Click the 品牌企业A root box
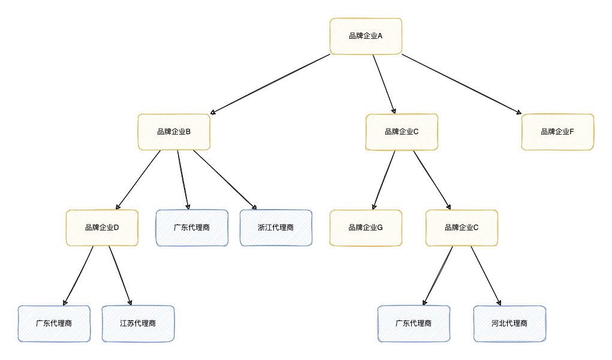366,36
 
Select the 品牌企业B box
174,132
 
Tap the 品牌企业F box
557,132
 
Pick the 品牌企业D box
102,228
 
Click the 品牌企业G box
366,228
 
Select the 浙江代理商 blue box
276,228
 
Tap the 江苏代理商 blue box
138,323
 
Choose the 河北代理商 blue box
510,323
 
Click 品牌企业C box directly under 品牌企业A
402,132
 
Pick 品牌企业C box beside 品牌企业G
462,228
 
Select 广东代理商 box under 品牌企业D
54,323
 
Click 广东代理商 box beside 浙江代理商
192,228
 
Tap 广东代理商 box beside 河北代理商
414,323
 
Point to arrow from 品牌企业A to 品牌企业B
270,84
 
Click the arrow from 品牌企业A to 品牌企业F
462,84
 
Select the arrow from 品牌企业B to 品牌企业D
138,180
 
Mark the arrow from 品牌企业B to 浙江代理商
225,180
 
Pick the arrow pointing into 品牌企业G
384,180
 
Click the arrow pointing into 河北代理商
486,276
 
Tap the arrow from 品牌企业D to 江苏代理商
120,276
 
